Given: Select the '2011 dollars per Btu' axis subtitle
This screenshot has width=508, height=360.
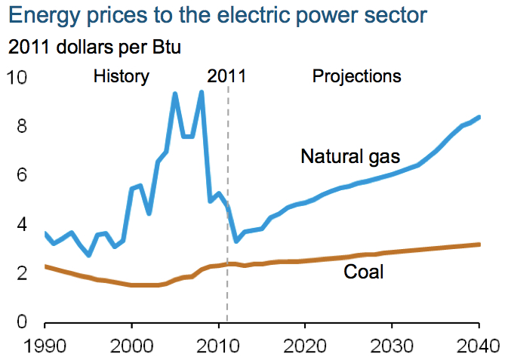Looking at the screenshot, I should pos(94,47).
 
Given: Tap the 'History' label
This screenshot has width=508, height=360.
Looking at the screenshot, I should pos(122,76).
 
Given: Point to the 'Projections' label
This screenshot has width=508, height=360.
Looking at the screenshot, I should pos(356,76).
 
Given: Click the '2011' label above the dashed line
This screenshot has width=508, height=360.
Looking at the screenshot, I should pos(226,76).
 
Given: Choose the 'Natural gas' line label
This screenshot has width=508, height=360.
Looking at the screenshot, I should pos(349,157).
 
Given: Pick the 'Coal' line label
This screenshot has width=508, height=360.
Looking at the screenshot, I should pos(365,271).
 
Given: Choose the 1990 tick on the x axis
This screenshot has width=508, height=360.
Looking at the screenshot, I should pos(45,347).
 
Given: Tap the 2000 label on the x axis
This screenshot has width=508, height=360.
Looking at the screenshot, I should pos(132,347).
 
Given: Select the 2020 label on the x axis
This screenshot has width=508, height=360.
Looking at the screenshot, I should pos(305,347).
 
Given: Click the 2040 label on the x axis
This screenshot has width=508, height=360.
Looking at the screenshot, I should pos(478,347).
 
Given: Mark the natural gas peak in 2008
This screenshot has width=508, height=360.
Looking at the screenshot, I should pos(201,93).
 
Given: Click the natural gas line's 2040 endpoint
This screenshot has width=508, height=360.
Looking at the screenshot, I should pos(479,117).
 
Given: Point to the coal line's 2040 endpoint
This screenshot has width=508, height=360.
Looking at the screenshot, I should pos(479,244).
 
